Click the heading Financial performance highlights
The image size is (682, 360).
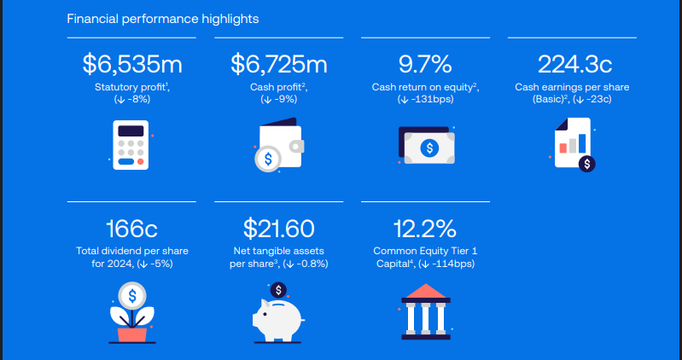click(x=163, y=18)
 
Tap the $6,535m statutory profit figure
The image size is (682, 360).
click(x=132, y=65)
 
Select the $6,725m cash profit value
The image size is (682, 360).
click(x=279, y=65)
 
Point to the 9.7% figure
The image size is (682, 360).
click(x=425, y=65)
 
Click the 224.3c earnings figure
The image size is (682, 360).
click(x=572, y=65)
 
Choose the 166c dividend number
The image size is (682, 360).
click(x=131, y=229)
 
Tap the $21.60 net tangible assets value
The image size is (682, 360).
click(x=279, y=229)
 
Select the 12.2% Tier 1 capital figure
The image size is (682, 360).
click(x=424, y=229)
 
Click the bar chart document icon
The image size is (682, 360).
click(x=572, y=143)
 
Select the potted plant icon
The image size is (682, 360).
click(x=131, y=311)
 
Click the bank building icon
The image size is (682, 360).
click(x=425, y=311)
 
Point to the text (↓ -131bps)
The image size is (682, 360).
click(x=425, y=100)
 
